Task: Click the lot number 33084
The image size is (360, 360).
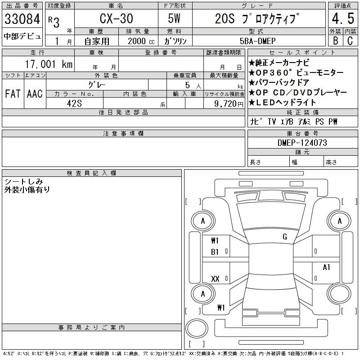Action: pos(22,19)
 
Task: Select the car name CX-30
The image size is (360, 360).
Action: pos(116,18)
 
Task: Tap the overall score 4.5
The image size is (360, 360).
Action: pos(343,18)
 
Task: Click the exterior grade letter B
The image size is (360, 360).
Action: pos(335,40)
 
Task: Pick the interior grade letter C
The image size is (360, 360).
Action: pos(350,40)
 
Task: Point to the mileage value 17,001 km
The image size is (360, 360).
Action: pos(49,64)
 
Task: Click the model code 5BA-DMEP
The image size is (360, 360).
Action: pos(257,41)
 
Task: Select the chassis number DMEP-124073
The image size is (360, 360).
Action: pos(302,143)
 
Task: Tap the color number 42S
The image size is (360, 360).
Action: pos(74,103)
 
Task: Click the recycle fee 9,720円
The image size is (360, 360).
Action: pos(229,103)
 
